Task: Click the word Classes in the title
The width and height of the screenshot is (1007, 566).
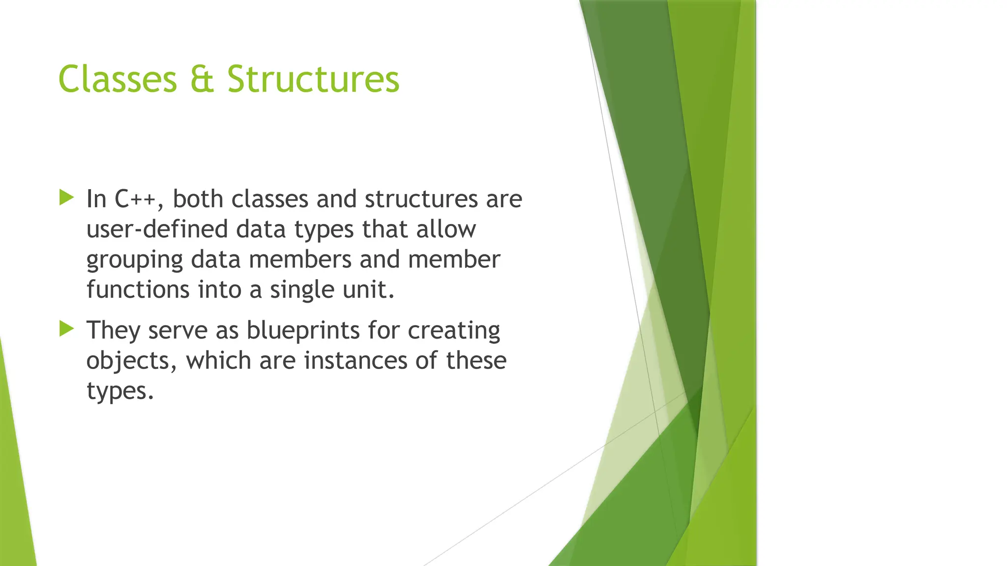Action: click(118, 79)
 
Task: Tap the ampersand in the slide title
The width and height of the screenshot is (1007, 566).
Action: click(202, 79)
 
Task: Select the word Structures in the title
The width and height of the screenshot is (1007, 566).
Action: click(313, 79)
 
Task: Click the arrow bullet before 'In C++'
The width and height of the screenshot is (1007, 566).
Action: click(66, 198)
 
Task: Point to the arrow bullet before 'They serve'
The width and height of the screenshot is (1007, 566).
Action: click(66, 328)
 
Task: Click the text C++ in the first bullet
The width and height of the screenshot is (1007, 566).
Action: click(135, 199)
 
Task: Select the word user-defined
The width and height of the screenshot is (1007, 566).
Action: click(157, 229)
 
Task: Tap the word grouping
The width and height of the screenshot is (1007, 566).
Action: click(135, 260)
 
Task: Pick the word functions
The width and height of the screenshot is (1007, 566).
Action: click(138, 289)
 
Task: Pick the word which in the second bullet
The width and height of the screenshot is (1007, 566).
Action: click(218, 361)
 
